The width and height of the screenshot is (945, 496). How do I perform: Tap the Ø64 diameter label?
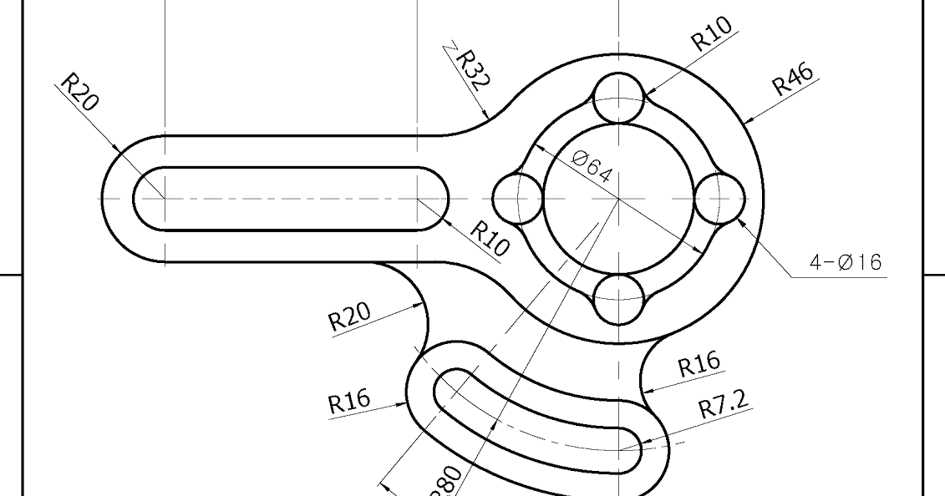click(x=593, y=166)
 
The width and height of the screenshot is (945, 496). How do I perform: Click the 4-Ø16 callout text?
click(x=845, y=263)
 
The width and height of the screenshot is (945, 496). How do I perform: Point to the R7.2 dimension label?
click(x=724, y=407)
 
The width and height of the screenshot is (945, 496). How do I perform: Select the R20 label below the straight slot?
click(x=348, y=317)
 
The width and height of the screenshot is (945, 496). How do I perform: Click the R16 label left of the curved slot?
click(x=348, y=402)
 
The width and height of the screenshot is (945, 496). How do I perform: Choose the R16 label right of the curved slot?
click(x=699, y=366)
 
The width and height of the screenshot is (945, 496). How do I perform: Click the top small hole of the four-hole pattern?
click(x=618, y=98)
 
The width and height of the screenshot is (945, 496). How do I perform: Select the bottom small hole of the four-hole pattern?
click(x=618, y=298)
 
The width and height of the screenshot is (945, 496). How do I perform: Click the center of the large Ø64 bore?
click(x=618, y=199)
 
